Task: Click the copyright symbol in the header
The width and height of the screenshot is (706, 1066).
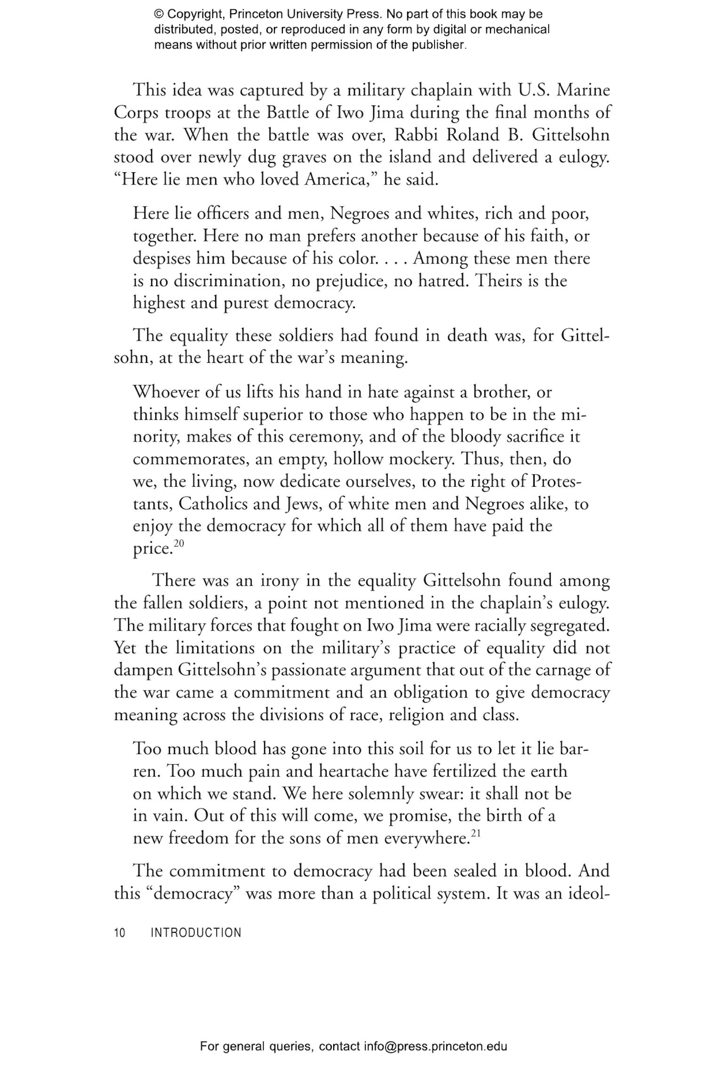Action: click(159, 14)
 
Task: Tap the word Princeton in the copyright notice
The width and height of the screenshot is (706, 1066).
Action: click(252, 14)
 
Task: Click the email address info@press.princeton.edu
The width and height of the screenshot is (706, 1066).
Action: click(435, 1046)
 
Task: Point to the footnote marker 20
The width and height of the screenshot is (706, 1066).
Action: click(179, 543)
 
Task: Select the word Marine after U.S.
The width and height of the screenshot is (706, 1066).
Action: click(583, 90)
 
